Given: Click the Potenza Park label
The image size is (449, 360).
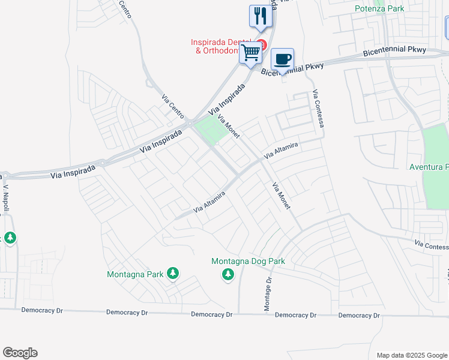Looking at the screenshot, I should (x=379, y=8).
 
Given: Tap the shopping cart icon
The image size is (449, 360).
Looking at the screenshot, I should (x=251, y=52).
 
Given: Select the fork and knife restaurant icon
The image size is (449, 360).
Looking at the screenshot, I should (x=261, y=16).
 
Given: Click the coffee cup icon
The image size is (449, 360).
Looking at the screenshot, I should (x=282, y=59).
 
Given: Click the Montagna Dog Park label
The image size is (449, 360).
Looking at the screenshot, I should (x=248, y=261).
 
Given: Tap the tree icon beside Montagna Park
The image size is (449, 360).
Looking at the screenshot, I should (x=173, y=274).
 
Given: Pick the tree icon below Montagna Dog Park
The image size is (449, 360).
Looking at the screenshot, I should (x=228, y=274).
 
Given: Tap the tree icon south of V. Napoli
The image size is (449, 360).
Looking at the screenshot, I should (x=10, y=238).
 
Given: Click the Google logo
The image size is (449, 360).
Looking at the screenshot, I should (x=20, y=353).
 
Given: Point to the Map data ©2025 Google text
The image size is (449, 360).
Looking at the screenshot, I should (x=411, y=355).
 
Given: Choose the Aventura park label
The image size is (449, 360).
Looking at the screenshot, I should (x=429, y=166).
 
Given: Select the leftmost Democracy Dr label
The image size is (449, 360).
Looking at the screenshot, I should (x=42, y=310).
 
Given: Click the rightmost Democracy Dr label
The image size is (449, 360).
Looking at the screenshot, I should (x=359, y=315).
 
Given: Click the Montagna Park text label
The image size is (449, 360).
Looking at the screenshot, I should (x=135, y=274).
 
